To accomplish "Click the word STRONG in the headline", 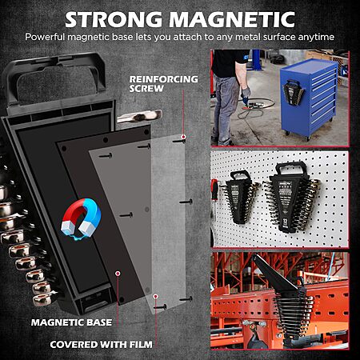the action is click(x=114, y=19).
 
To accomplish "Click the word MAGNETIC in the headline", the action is click(x=232, y=19).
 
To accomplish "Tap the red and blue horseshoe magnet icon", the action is click(x=81, y=218).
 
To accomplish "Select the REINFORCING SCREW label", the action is click(x=163, y=84).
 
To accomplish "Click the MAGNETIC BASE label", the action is click(x=71, y=322).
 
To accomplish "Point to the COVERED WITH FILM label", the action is click(x=101, y=345).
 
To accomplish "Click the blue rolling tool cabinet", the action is click(x=309, y=98).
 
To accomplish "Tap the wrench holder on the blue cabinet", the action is click(x=293, y=92).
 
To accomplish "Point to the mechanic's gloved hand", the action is click(x=246, y=92).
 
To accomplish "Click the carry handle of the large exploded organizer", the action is click(x=56, y=78).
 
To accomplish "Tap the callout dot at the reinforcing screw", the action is click(x=183, y=137).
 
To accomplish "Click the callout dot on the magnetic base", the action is click(x=118, y=274).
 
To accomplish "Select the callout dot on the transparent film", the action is click(x=156, y=296).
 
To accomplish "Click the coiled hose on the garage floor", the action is click(x=254, y=109).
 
